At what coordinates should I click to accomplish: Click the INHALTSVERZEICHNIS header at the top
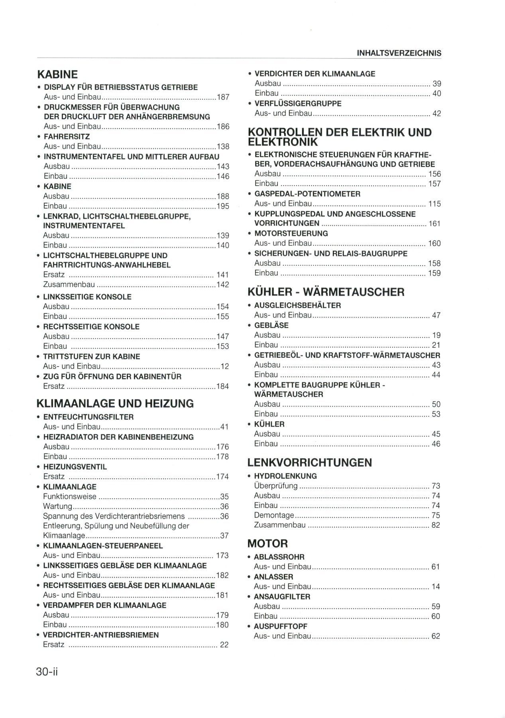click(399, 53)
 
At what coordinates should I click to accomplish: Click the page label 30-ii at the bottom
click(47, 672)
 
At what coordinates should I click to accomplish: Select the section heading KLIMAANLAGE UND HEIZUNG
click(115, 403)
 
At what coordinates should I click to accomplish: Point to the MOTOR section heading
click(267, 543)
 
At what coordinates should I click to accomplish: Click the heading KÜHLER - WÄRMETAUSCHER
click(326, 292)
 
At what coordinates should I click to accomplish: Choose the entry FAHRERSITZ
click(67, 137)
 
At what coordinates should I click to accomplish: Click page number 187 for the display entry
click(223, 97)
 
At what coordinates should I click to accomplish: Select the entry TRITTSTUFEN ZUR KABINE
click(91, 357)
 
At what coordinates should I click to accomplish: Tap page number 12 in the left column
click(225, 367)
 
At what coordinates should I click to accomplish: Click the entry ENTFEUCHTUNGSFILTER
click(88, 417)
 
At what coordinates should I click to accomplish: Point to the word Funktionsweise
click(70, 497)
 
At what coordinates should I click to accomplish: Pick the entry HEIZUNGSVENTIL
click(75, 467)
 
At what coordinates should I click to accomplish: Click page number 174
click(222, 477)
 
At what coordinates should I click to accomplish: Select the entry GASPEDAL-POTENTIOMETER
click(307, 194)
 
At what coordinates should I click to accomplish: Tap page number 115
click(434, 204)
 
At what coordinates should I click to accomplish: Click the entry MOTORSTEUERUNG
click(291, 233)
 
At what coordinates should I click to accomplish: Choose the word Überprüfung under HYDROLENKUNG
click(276, 486)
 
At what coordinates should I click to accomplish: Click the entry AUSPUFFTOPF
click(281, 626)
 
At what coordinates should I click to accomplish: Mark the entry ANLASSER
click(273, 577)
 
